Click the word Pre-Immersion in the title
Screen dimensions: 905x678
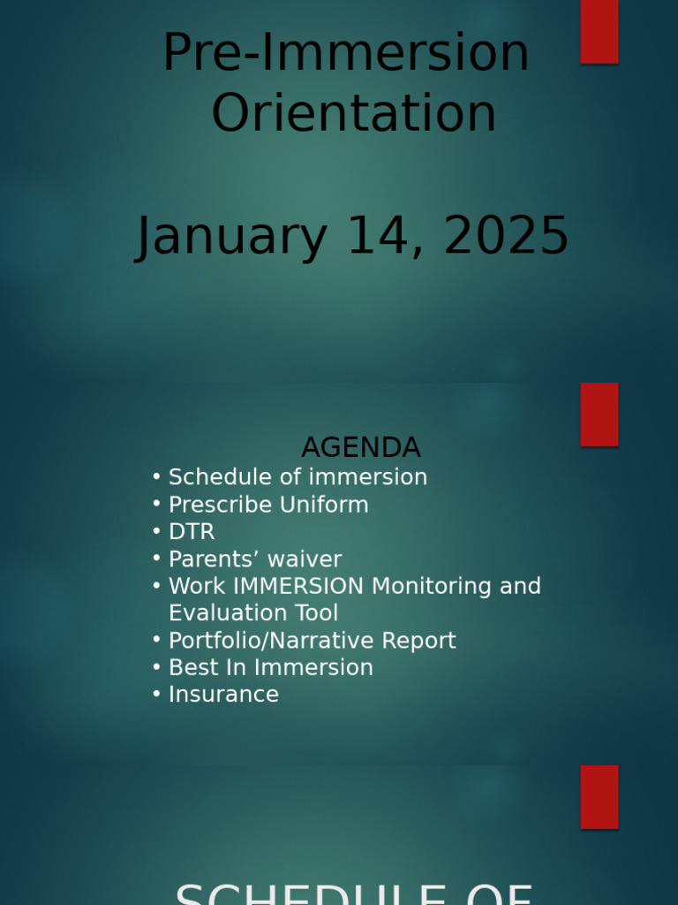pos(345,53)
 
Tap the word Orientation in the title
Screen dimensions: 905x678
pos(353,114)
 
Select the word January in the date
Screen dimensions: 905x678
pos(231,237)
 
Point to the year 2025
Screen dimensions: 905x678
pos(506,237)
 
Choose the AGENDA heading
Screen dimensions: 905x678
pos(360,447)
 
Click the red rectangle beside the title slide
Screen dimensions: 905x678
pos(599,31)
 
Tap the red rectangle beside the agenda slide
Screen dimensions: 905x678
pos(599,414)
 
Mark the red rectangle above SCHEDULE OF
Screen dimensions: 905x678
pos(599,796)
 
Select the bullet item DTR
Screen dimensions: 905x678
pos(192,532)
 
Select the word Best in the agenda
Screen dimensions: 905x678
pos(187,667)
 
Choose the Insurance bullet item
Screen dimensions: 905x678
pos(223,695)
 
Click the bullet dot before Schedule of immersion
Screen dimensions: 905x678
pos(156,477)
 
